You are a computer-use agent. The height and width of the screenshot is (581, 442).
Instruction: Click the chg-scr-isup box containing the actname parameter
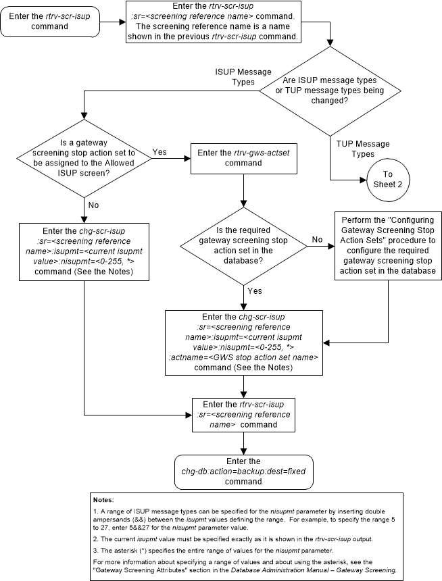click(243, 342)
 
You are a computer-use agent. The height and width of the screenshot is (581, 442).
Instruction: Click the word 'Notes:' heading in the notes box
click(104, 501)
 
